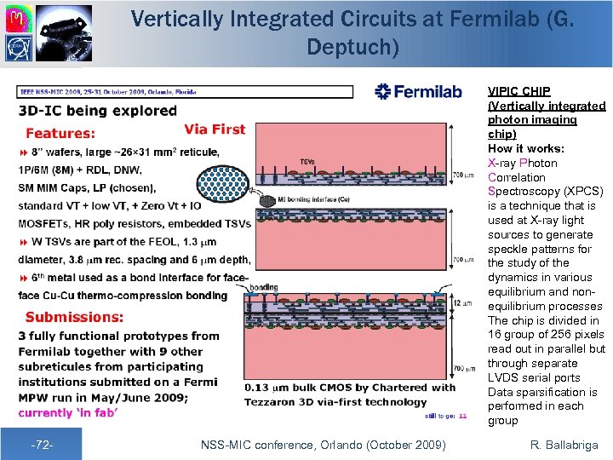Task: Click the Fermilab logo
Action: pos(418,92)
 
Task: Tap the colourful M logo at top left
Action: pos(18,17)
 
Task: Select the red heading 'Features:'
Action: pos(60,133)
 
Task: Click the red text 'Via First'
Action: pos(215,129)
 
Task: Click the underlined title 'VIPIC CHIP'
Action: pos(518,90)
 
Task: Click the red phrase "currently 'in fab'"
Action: pos(68,412)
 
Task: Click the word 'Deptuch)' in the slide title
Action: pos(352,47)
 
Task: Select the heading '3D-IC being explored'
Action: pos(98,110)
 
